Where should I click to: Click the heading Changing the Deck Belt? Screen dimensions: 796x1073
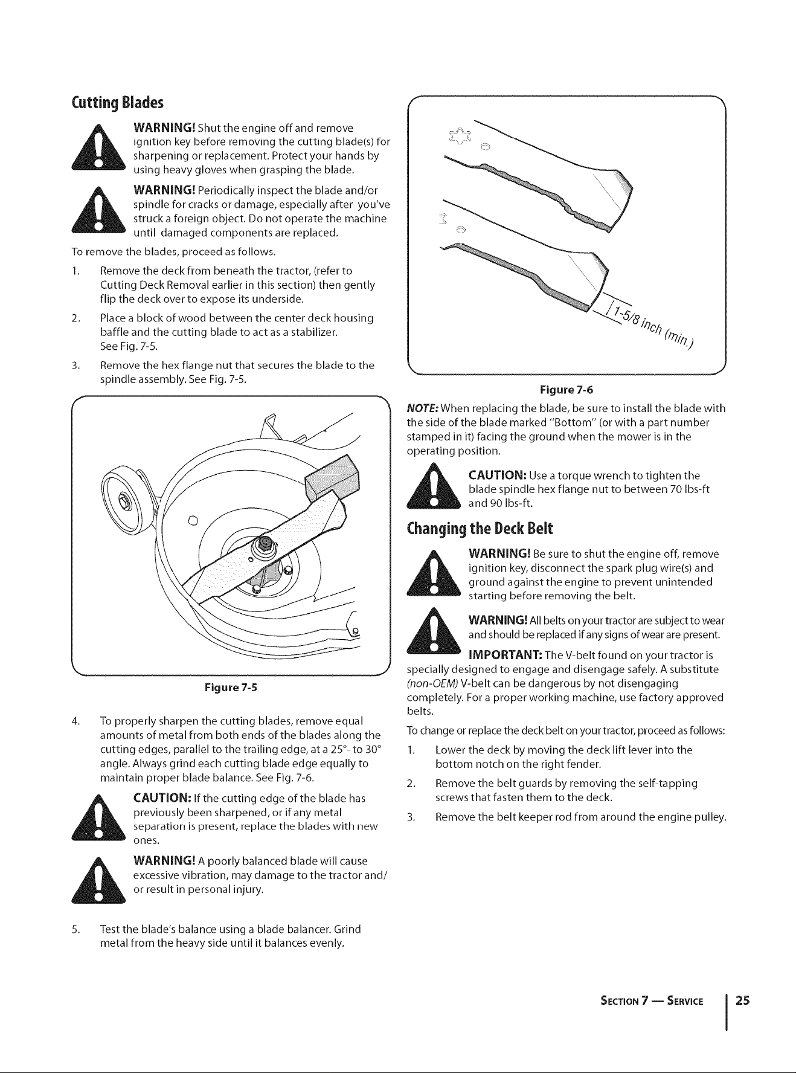[x=480, y=529]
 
